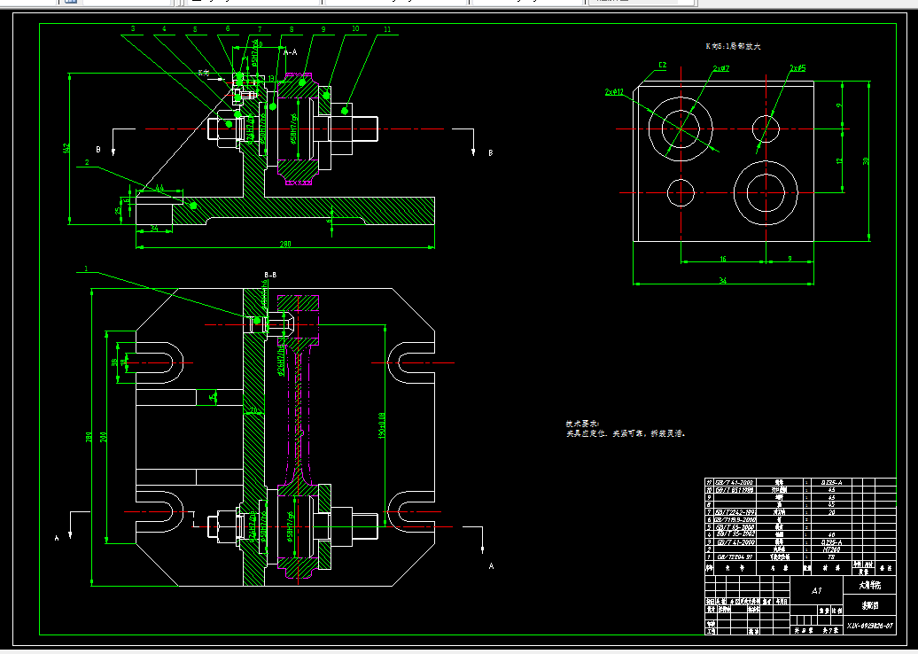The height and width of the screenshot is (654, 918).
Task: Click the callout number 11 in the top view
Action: (x=387, y=30)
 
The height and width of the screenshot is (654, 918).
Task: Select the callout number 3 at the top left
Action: (x=133, y=29)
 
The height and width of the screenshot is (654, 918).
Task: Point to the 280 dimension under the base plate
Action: (x=285, y=243)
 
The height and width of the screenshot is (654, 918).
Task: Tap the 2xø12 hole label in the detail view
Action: (x=614, y=92)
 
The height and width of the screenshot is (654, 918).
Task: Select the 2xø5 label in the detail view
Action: (x=797, y=67)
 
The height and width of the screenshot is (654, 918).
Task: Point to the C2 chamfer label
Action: (x=662, y=65)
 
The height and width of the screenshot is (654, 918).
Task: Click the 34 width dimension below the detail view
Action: (x=722, y=281)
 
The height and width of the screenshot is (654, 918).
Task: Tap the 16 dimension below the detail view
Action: (x=722, y=259)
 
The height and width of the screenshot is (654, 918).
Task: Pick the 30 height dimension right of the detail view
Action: (x=866, y=160)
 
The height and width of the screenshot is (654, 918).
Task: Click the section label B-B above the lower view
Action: (x=271, y=276)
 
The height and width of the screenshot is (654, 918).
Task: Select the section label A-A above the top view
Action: (x=291, y=54)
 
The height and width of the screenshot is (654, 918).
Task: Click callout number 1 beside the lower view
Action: (x=86, y=268)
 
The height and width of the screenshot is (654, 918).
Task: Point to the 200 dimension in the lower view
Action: (x=105, y=437)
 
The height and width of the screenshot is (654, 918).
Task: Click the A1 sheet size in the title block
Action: (x=816, y=589)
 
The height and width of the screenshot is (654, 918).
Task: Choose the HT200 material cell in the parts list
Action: (x=830, y=549)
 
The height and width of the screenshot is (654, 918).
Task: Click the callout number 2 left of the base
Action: (x=87, y=162)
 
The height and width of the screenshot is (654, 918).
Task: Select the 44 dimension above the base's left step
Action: (x=159, y=188)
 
